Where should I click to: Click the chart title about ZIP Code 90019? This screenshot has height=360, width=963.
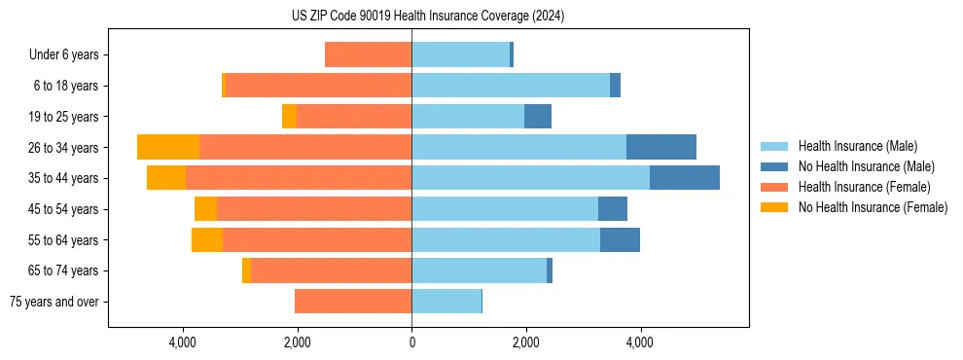[x=428, y=17]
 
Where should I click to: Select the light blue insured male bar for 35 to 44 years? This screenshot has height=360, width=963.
[x=530, y=178]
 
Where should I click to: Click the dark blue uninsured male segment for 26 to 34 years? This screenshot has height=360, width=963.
[x=661, y=147]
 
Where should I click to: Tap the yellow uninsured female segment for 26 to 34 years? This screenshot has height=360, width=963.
[x=168, y=147]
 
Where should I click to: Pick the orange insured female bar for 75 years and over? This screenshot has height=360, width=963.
[x=353, y=302]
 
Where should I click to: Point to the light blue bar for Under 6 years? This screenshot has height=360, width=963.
[x=460, y=54]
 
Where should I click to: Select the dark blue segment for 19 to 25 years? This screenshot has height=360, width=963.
[x=538, y=117]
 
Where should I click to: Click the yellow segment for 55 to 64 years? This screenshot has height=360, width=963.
[x=207, y=239]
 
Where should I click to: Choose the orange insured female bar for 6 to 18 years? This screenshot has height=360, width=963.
[x=318, y=86]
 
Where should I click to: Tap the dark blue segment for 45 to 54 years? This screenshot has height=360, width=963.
[x=613, y=209]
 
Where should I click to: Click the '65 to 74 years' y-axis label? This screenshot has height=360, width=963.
[x=63, y=270]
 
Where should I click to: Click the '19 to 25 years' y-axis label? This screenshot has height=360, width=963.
[x=63, y=117]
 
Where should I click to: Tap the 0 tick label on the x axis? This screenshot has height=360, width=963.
[x=411, y=342]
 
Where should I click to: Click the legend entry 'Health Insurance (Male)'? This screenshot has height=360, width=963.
[x=857, y=146]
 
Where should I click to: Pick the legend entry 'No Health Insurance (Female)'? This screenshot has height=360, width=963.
[x=873, y=207]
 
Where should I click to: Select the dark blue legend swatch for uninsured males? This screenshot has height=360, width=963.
[x=775, y=166]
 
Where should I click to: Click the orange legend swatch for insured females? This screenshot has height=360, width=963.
[x=775, y=187]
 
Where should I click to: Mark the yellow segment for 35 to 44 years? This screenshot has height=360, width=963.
[x=166, y=178]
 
